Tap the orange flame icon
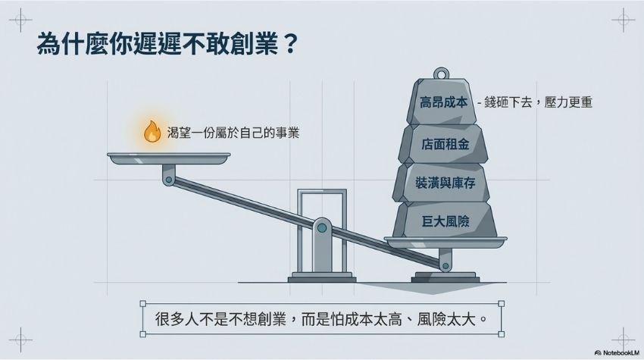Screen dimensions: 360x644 pyautogui.click(x=152, y=132)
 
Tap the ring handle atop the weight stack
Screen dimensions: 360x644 pyautogui.click(x=440, y=75)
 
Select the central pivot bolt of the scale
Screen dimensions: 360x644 pyautogui.click(x=322, y=226)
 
